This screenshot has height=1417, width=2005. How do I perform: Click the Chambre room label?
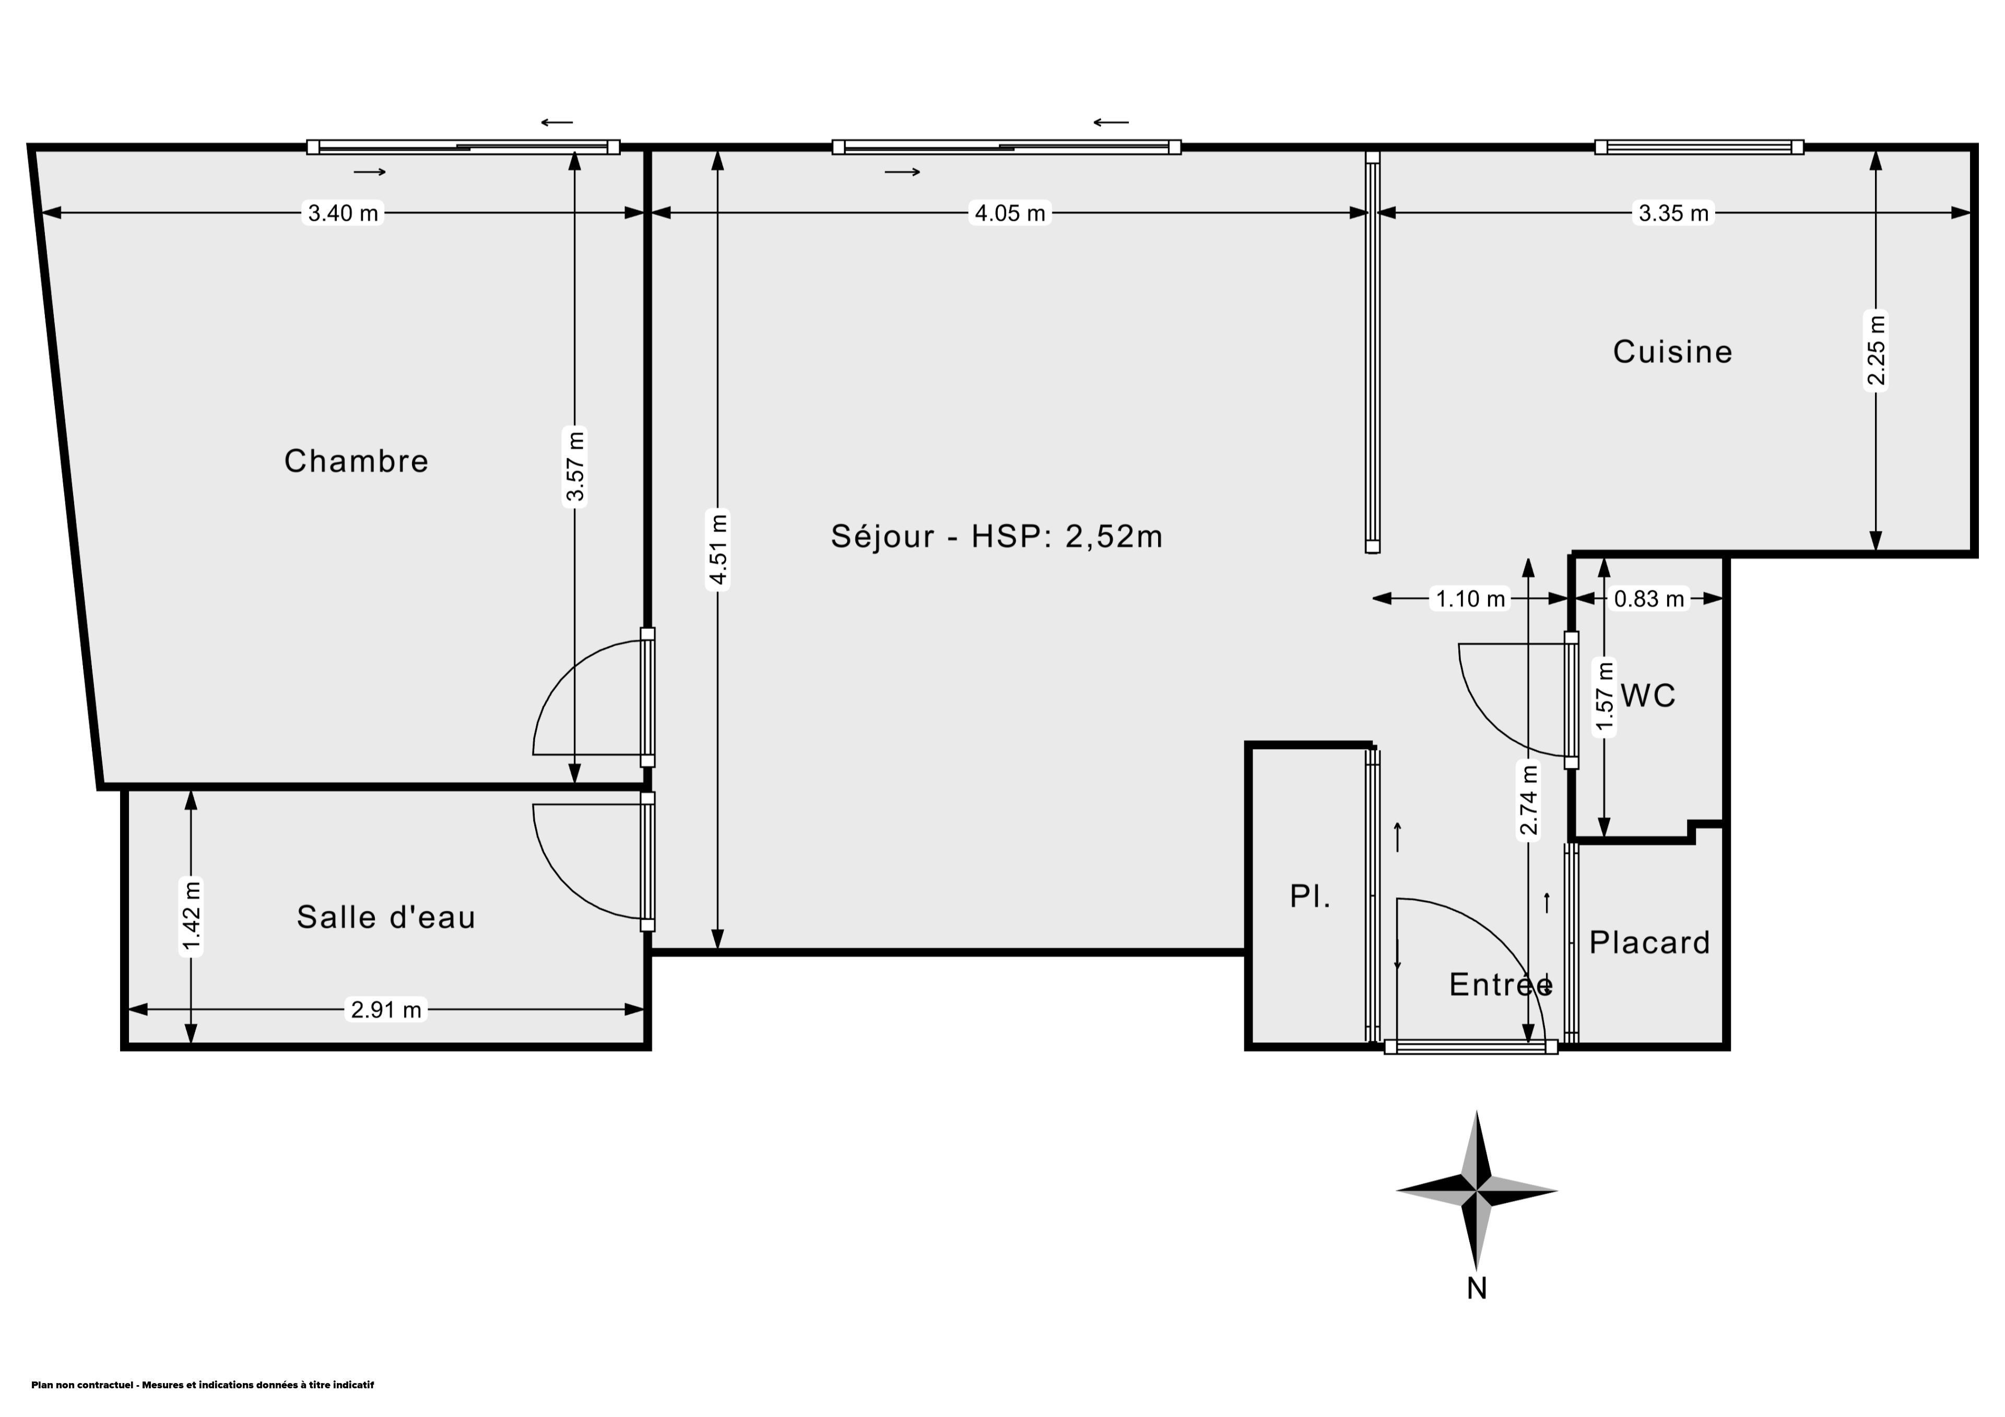356,461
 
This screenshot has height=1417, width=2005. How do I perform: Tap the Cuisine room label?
1672,352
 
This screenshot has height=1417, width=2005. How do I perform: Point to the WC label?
1648,696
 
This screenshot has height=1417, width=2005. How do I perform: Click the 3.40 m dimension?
343,213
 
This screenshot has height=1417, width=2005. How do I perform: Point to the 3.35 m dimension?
1673,213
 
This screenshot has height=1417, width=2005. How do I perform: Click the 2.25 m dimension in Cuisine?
1876,350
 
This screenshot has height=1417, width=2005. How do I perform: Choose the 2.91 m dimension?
386,1010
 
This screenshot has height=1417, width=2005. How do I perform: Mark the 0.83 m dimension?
1649,599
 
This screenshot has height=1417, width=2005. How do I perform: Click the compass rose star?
1477,1190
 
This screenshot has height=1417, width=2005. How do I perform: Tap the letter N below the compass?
1477,1289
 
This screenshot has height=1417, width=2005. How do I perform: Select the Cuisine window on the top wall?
1700,147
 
